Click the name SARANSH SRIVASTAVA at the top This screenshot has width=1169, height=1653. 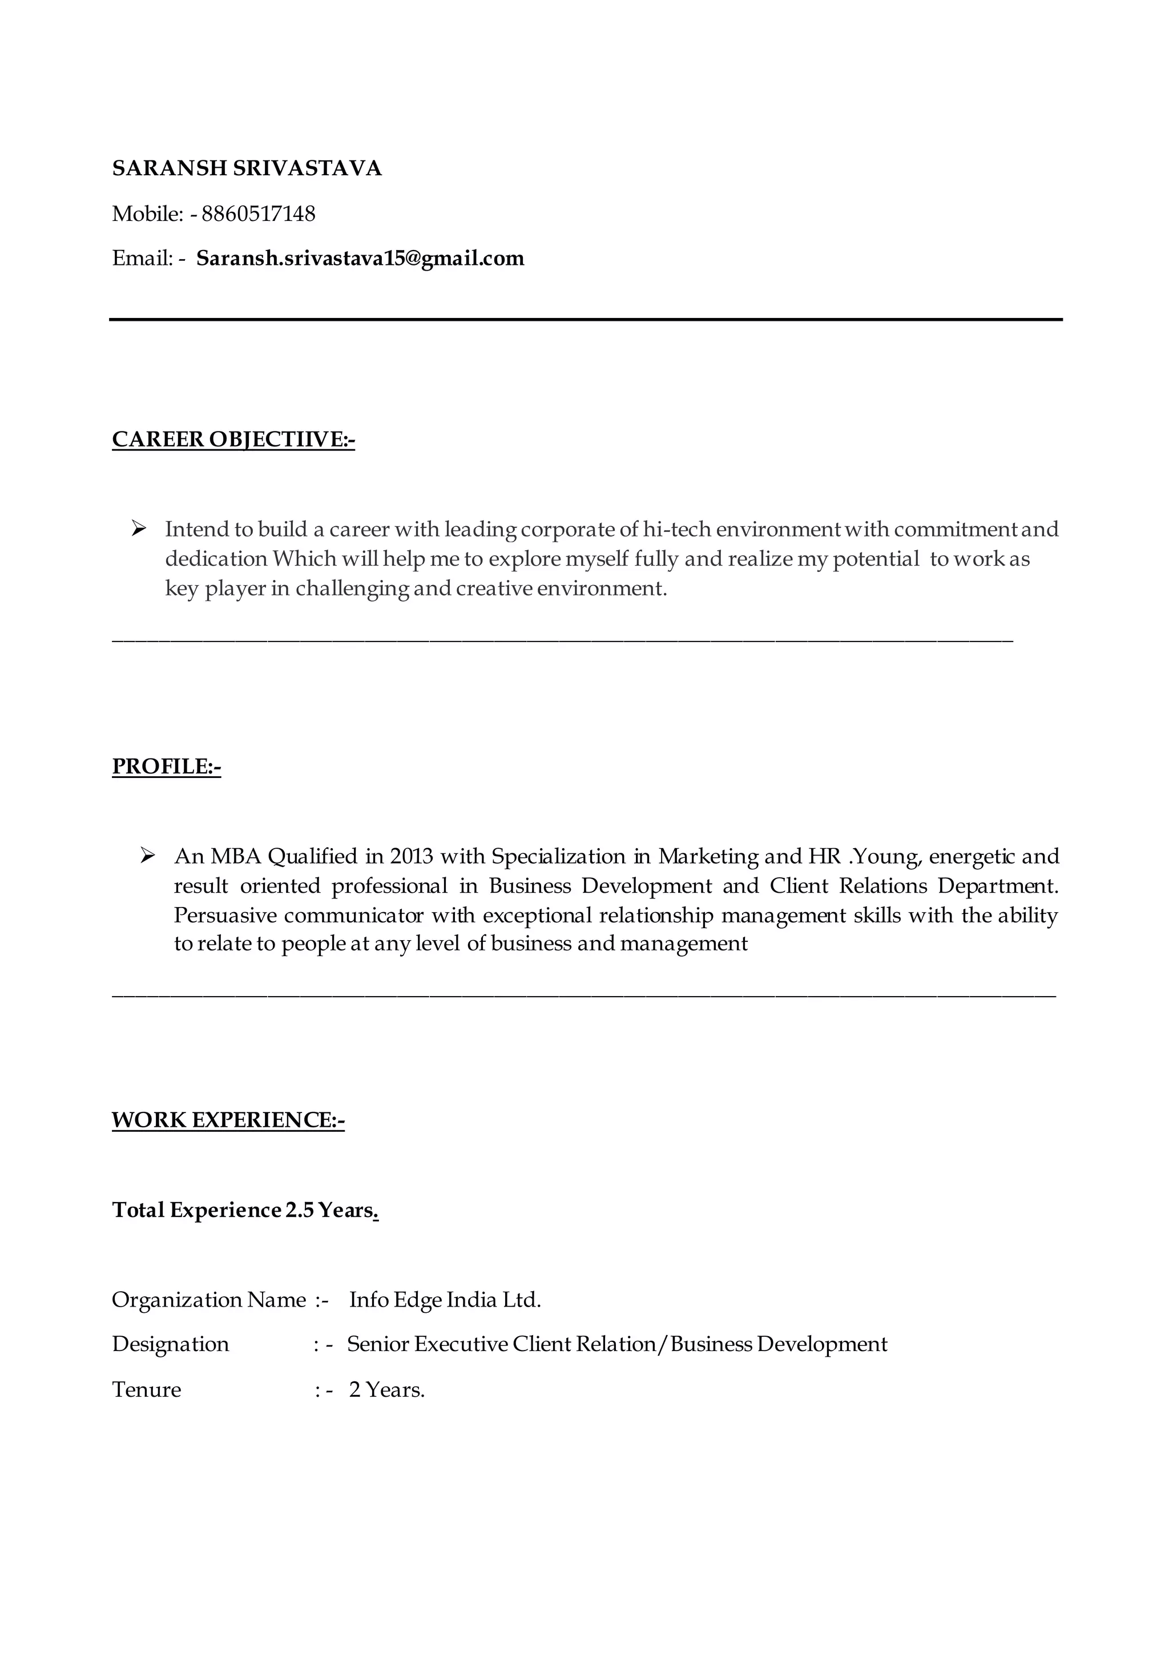coord(247,168)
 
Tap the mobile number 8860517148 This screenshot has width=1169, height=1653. coord(259,214)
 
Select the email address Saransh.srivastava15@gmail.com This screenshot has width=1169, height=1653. coord(360,259)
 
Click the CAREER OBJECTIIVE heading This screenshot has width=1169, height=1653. coord(233,439)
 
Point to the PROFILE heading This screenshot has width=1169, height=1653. coord(166,767)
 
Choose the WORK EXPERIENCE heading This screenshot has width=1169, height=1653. coord(228,1120)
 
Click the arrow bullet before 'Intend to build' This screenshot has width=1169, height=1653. coord(139,529)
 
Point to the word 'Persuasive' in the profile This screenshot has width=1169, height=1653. coord(224,915)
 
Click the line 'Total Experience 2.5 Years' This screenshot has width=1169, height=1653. coord(245,1210)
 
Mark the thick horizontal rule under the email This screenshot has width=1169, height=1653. coord(586,319)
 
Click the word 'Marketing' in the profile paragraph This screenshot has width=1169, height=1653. coord(708,856)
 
